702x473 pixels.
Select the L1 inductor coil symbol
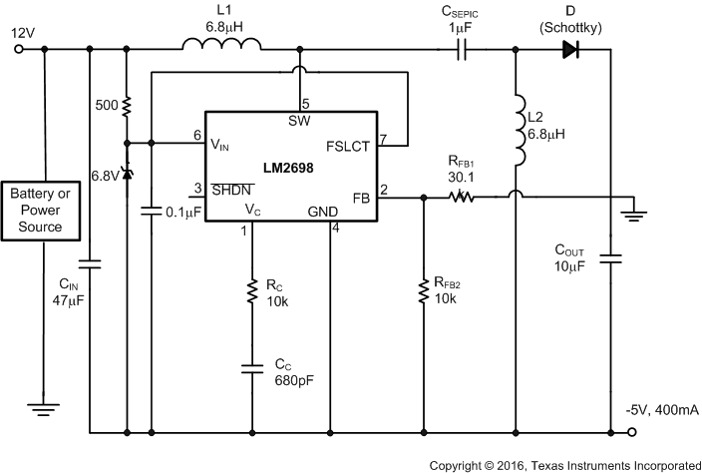[222, 46]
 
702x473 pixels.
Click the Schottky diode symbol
[570, 50]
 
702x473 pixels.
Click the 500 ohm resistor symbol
[126, 105]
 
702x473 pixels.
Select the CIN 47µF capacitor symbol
[90, 265]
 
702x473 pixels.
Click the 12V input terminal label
[21, 32]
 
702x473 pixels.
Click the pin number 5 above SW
[305, 104]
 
